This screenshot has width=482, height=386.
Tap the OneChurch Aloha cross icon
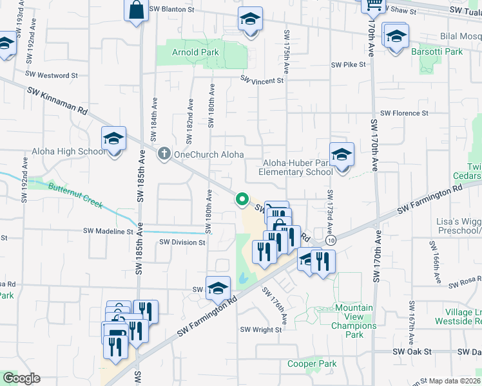[x=164, y=154]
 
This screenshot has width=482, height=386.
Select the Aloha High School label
[x=68, y=152]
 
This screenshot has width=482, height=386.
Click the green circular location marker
[x=242, y=199]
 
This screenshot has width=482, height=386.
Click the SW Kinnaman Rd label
[x=57, y=102]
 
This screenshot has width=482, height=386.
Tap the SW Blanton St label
[x=171, y=10]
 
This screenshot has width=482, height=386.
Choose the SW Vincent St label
[x=262, y=80]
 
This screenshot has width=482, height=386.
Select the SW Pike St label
[x=348, y=65]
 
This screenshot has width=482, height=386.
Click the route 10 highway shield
[x=331, y=240]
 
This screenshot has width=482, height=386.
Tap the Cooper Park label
[x=312, y=363]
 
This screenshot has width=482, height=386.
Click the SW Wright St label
[x=261, y=329]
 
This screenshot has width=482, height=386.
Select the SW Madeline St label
[x=108, y=231]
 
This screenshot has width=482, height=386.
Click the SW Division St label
[x=182, y=243]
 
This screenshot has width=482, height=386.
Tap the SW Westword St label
[x=54, y=75]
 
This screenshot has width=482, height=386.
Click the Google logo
[x=21, y=378]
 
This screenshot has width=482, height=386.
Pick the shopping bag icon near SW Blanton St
[x=137, y=11]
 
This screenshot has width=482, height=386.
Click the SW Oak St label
[x=412, y=352]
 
